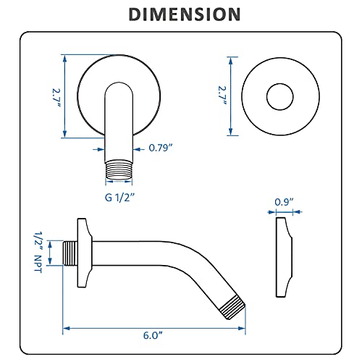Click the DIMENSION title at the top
[180, 14]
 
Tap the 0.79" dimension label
[160, 148]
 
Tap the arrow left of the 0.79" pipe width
[101, 148]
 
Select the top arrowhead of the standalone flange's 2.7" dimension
[232, 56]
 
